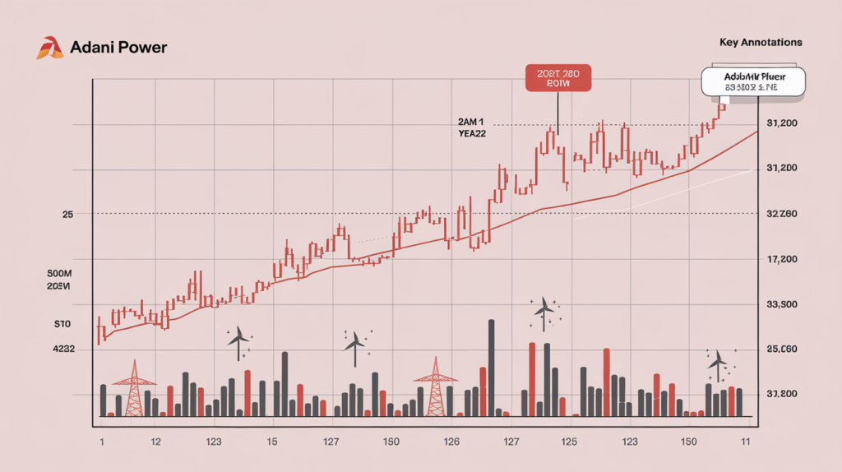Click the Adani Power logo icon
(x=49, y=47)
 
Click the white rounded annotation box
(x=753, y=81)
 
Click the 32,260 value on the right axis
(x=782, y=214)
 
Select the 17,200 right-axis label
(x=782, y=259)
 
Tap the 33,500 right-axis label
(x=782, y=304)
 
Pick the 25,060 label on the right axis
(x=782, y=349)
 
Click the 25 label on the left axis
(x=67, y=214)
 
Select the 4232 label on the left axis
(x=62, y=349)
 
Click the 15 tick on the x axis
(x=271, y=442)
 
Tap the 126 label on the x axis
(x=451, y=442)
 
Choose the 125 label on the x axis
(x=569, y=442)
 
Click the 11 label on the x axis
(x=745, y=442)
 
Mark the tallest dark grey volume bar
(x=491, y=368)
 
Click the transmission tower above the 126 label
(x=434, y=386)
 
